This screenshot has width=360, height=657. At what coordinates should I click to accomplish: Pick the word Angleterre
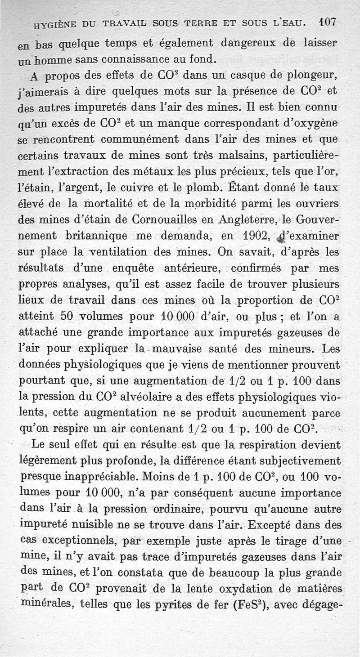(x=249, y=221)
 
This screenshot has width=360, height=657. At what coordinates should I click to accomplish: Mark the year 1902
(x=250, y=236)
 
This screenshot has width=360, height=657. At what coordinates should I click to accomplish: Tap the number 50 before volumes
(x=67, y=317)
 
